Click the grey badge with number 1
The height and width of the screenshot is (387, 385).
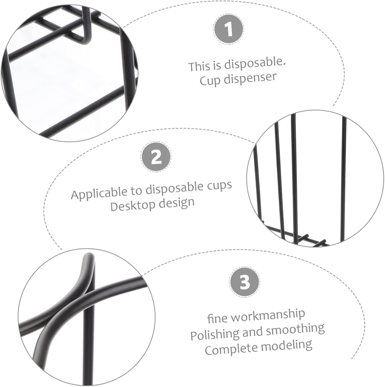(229, 29)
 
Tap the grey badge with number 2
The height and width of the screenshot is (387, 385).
(156, 157)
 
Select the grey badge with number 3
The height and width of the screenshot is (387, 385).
(244, 282)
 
